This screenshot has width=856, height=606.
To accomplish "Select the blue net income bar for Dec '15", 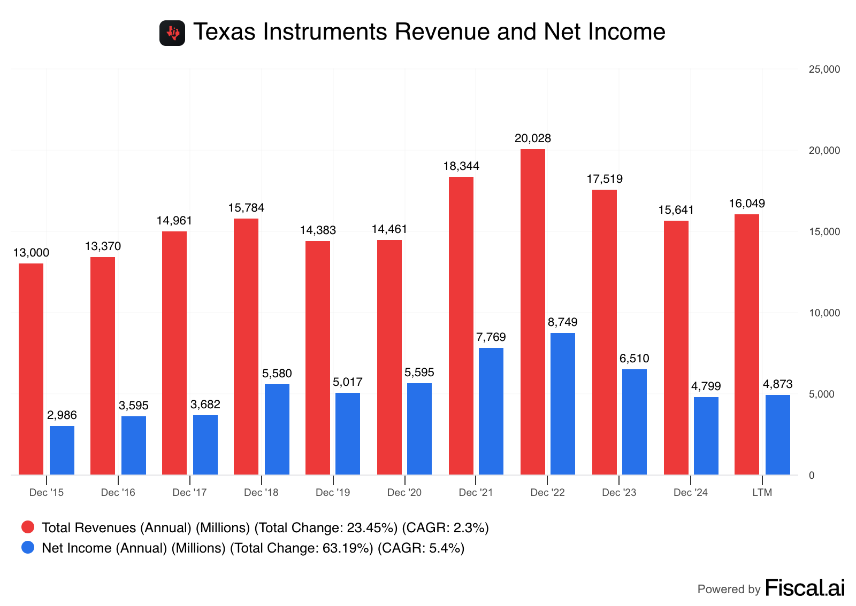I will (62, 450).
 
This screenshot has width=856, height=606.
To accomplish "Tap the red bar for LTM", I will (746, 344).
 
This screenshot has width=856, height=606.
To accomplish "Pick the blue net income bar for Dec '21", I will (491, 411).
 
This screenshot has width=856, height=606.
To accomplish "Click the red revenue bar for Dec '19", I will (318, 358).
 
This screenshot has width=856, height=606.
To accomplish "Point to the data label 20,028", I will (532, 138).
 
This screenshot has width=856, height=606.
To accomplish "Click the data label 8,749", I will (563, 322).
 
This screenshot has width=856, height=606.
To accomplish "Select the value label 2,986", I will (62, 415).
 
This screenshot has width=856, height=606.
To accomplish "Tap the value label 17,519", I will (605, 179).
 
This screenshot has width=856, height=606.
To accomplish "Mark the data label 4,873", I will (777, 384).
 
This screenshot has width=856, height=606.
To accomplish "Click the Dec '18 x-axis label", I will (261, 492).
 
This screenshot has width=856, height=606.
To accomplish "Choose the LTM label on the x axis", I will (762, 492).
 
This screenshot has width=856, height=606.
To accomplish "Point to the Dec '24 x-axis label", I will (690, 492).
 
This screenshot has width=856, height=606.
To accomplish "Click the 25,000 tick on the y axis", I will (824, 69).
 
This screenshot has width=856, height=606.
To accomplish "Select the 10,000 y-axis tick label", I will (824, 313).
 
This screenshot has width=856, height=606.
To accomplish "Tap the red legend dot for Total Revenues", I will (28, 527).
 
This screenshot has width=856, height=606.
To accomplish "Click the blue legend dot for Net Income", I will (28, 548).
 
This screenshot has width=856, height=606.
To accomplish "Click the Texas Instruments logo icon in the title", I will (172, 33).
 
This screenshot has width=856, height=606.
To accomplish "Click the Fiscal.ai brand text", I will (805, 588).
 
